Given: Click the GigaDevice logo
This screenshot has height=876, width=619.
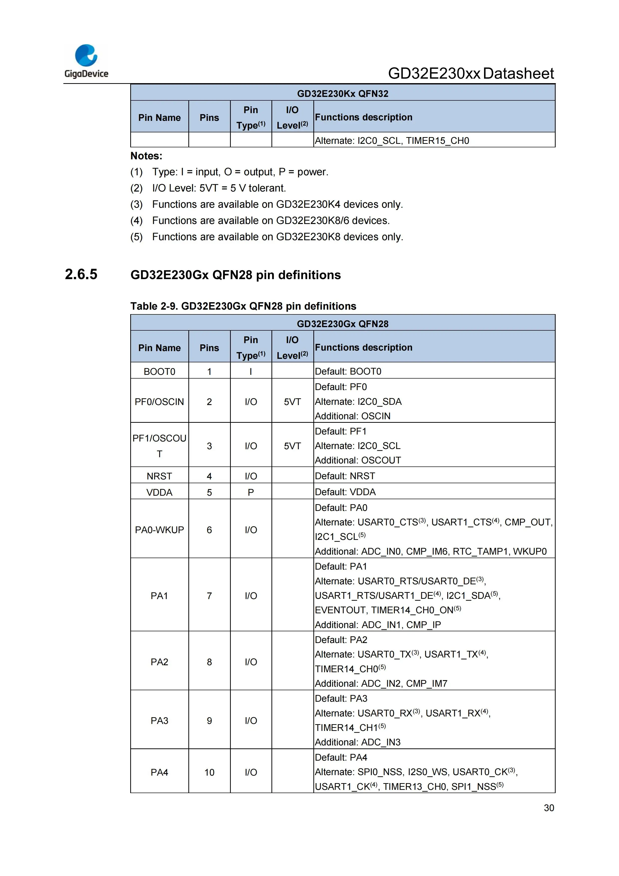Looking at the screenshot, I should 86,61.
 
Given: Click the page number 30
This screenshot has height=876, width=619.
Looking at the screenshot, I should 548,808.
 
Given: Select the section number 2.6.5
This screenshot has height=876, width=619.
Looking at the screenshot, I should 81,274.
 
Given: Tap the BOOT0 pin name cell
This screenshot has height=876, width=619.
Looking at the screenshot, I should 159,371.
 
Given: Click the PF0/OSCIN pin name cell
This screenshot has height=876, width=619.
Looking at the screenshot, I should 159,401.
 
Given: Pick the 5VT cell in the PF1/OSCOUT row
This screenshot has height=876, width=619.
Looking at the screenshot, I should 292,446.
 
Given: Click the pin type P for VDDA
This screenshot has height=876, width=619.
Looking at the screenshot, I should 251,492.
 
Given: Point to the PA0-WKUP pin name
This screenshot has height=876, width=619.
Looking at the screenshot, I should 159,530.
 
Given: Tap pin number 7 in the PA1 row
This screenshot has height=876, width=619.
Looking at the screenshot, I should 209,596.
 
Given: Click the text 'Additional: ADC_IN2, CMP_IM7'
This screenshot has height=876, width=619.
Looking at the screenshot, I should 381,683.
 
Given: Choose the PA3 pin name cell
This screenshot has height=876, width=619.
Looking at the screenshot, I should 159,720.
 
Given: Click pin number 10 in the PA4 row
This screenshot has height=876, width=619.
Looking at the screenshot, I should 209,772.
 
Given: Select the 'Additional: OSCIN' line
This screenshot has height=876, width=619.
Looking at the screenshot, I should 353,416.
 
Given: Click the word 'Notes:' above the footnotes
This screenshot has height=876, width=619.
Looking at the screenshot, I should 146,156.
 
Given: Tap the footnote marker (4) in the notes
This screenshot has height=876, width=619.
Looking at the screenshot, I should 136,220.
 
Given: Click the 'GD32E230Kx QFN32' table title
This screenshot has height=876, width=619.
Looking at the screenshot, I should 343,93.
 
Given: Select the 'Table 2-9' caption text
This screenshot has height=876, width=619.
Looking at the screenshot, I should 243,306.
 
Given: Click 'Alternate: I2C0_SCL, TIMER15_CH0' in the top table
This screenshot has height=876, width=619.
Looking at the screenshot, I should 392,140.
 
